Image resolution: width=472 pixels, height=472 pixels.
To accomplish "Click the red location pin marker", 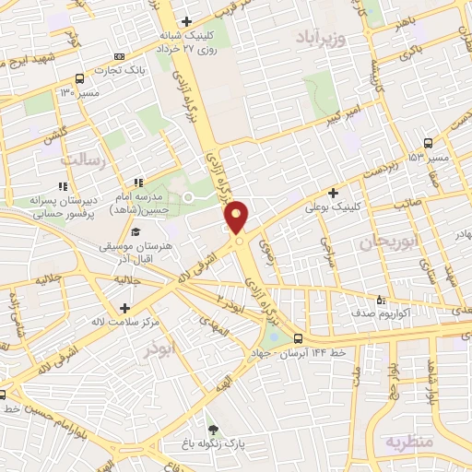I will (237, 218).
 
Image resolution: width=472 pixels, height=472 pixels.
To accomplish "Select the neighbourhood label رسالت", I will (84, 159).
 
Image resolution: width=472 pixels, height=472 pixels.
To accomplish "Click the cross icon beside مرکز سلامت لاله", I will (124, 308).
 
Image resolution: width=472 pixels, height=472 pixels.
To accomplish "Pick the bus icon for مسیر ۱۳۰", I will (80, 77).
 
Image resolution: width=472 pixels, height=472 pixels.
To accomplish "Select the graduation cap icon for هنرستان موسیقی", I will (136, 232).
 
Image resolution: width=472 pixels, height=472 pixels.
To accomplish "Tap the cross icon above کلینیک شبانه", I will (186, 21).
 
